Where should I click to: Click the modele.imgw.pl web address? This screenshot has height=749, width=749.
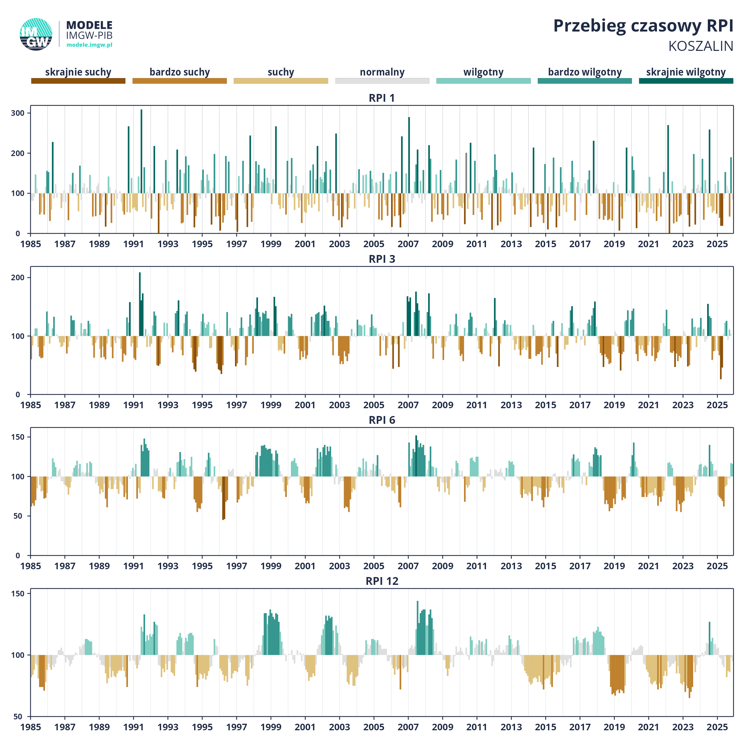click(x=89, y=45)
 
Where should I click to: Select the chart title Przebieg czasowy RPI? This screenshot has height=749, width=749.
click(x=643, y=26)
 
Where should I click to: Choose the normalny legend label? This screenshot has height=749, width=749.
click(x=382, y=72)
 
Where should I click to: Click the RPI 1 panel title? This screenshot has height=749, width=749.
click(x=381, y=98)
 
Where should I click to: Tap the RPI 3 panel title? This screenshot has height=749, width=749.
click(x=381, y=259)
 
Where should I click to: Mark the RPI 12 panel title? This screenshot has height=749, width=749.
click(x=381, y=581)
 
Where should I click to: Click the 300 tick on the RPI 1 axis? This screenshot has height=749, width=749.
click(x=18, y=113)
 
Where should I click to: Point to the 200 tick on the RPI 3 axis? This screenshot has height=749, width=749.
click(x=18, y=277)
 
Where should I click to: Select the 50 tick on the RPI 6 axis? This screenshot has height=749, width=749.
click(x=18, y=516)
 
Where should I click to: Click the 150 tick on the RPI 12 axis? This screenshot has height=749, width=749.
click(x=18, y=594)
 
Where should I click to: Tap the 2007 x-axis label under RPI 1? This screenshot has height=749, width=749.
click(x=408, y=244)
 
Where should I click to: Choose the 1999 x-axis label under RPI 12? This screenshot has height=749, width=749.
click(x=271, y=727)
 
